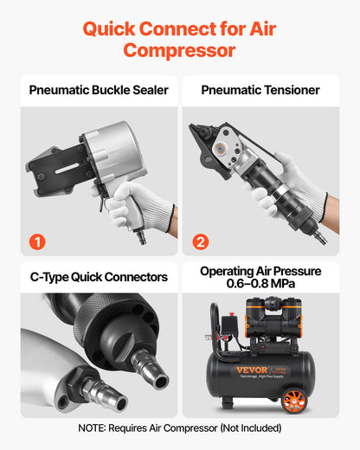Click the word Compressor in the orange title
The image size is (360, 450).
(x=179, y=49)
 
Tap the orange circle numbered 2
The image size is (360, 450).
(x=200, y=241)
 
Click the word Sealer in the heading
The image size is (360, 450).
(x=145, y=90)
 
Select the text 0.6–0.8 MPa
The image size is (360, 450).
(x=260, y=284)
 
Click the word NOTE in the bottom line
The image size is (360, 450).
(x=94, y=427)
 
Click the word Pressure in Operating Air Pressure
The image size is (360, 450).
(x=299, y=271)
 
